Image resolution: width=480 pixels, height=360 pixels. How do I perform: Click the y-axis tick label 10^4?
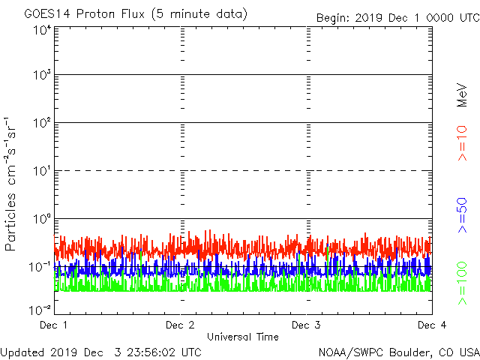42,30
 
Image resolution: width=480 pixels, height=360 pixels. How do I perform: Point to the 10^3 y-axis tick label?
42,76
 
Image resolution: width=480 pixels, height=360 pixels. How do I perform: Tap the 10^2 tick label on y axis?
42,124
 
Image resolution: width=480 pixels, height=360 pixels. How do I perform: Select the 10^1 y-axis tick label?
42,172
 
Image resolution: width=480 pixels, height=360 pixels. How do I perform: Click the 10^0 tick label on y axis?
42,220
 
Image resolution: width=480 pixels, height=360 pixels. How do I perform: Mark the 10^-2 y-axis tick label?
40,310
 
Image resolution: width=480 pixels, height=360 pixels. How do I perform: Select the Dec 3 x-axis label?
306,325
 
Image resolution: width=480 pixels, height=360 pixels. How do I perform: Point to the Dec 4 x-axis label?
432,325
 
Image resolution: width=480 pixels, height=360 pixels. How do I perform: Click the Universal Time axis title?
242,337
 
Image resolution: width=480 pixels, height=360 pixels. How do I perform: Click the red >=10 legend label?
463,144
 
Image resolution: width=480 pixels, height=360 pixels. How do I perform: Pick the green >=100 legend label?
463,283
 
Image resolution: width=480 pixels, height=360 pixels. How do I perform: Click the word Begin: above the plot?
333,17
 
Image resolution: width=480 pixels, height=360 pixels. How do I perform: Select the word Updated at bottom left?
23,351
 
